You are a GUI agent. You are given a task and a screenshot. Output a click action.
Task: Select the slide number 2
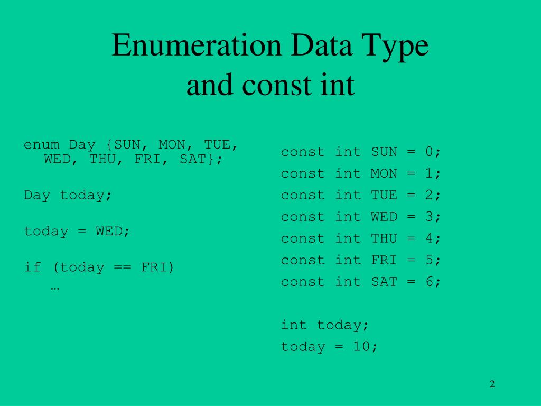point(492,384)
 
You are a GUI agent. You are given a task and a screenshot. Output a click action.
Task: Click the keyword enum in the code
point(42,145)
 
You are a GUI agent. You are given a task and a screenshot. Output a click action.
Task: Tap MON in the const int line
point(384,174)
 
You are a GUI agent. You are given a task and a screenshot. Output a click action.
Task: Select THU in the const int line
point(384,239)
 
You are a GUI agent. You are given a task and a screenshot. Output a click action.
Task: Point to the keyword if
point(33,267)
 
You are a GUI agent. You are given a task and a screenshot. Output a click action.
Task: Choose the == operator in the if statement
point(123,267)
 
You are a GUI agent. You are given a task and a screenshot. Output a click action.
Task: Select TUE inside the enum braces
point(217,145)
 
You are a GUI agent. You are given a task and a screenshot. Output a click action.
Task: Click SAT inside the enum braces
point(192,159)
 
